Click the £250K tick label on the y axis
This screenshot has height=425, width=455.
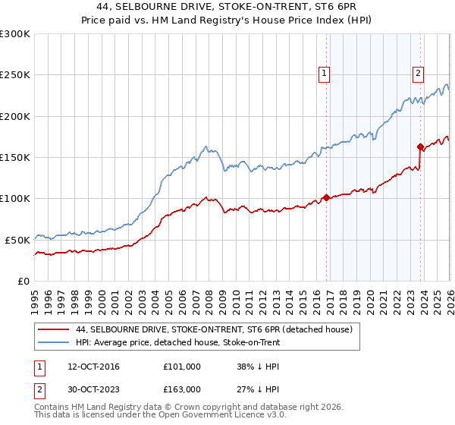[x=15, y=75]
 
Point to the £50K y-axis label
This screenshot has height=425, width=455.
[x=17, y=240]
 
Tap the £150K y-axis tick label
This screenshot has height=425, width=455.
[x=15, y=157]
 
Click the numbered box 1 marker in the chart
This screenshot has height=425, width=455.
[x=324, y=74]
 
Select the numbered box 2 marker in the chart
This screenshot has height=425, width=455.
[x=418, y=74]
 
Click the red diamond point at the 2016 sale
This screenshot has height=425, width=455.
[x=327, y=197]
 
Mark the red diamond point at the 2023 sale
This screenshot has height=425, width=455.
[x=421, y=146]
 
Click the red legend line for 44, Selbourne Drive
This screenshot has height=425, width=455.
[x=54, y=330]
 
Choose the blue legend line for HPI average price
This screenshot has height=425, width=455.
[x=54, y=343]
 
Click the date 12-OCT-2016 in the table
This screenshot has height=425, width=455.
[x=86, y=367]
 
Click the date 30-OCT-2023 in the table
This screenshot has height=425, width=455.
[x=86, y=389]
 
